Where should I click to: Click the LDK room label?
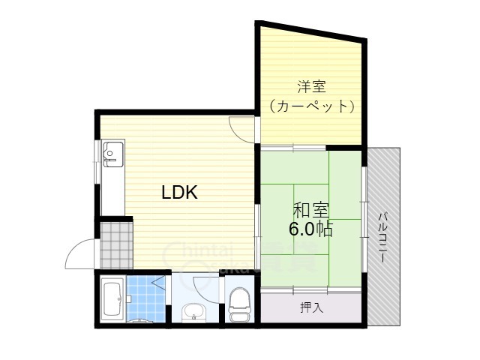click(x=180, y=193)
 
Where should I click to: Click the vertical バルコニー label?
click(x=382, y=237)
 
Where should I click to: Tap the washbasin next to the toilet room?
click(x=193, y=310)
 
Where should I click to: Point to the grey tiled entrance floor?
click(x=114, y=244)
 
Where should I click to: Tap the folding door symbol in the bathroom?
click(x=159, y=283)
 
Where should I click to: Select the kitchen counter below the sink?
click(x=112, y=191)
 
